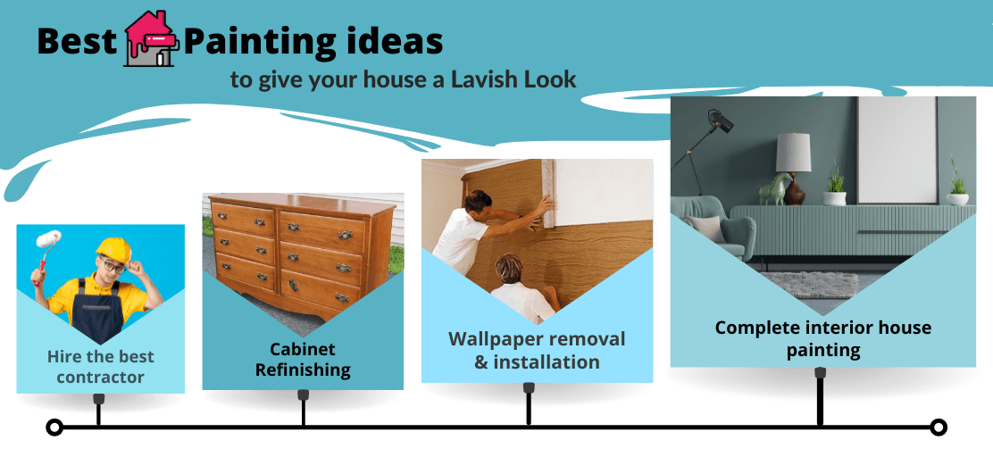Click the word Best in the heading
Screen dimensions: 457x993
(77, 41)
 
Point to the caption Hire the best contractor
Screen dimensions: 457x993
(100, 367)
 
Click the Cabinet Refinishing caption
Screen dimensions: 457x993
(303, 359)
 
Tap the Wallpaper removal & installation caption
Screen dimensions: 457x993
(537, 350)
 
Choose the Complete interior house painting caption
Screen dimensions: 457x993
(822, 338)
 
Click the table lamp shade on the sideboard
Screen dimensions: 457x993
(792, 153)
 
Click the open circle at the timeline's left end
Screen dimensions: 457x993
(54, 428)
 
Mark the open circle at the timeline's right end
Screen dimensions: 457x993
(938, 428)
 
